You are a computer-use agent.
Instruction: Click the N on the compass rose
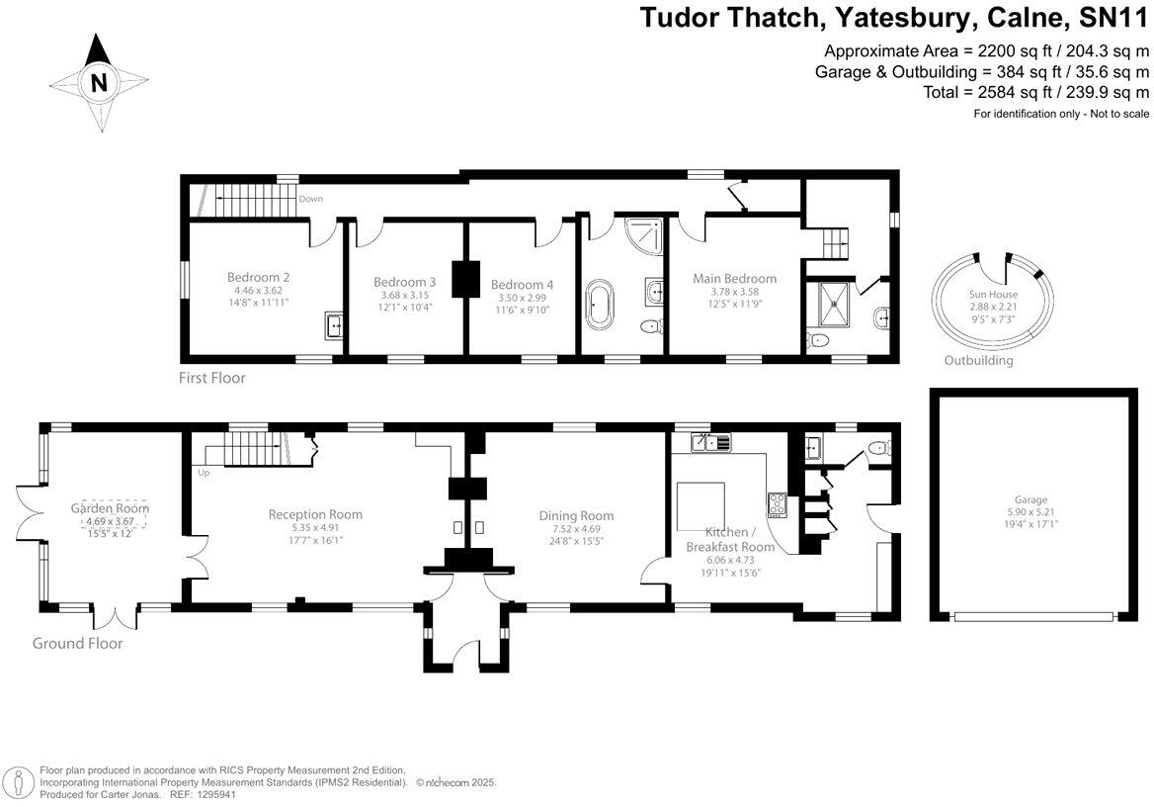(x=98, y=83)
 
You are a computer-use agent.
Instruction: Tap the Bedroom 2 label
(x=258, y=277)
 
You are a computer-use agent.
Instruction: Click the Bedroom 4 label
(x=522, y=284)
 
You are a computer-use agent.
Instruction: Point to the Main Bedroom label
(x=734, y=278)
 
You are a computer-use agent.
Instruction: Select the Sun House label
(x=993, y=295)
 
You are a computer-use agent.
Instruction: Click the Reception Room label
(x=315, y=514)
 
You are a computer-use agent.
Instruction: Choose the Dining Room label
(x=576, y=515)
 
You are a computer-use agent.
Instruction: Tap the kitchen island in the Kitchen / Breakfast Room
(x=700, y=507)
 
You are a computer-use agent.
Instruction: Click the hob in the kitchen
(x=778, y=504)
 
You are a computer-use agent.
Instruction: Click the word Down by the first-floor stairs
(x=311, y=199)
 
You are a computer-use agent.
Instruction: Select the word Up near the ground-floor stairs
(x=205, y=473)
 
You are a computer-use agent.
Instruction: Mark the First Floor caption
(x=212, y=378)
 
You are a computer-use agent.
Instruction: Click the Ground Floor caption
(x=77, y=643)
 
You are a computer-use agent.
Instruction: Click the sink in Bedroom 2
(x=334, y=323)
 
